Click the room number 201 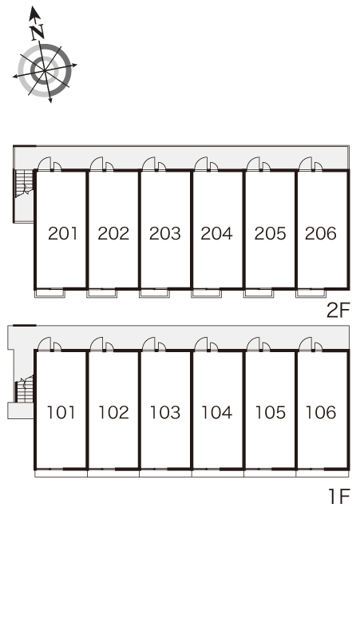point(63,233)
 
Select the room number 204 point(216,233)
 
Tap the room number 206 point(321,233)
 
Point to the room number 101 point(61,412)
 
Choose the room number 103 point(165,412)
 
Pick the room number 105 point(270,412)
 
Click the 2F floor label point(338,311)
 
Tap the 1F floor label point(339,496)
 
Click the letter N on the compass point(38,31)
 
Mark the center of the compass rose point(45,70)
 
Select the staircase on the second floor point(24,184)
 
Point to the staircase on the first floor point(25,390)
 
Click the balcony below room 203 point(154,294)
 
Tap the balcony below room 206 point(311,294)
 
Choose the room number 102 point(113,412)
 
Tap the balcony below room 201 point(50,294)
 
